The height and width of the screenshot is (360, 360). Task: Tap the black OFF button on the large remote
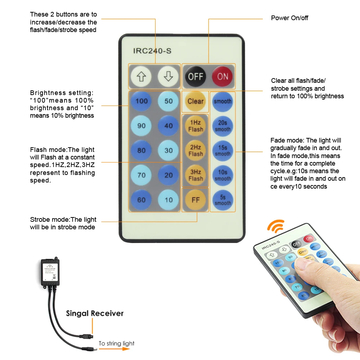pos(195,76)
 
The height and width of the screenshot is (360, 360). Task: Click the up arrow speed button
pos(141,76)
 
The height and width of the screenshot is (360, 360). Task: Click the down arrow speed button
pos(168,76)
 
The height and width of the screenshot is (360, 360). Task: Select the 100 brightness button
pos(141,101)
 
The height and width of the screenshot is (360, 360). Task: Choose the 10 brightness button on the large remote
pos(168,200)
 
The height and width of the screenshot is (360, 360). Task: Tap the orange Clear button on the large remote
pos(195,101)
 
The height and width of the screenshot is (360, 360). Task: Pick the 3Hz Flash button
pos(195,175)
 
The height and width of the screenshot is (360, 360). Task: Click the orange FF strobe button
pos(195,200)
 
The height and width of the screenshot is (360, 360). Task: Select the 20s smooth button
pos(222,126)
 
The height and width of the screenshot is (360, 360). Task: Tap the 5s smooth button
pos(222,200)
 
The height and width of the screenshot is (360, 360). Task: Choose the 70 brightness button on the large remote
pos(141,175)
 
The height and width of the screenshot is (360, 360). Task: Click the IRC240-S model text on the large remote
pos(152,51)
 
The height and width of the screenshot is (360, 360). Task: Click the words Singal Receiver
pos(95,313)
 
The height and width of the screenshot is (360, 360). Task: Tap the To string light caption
pos(116,343)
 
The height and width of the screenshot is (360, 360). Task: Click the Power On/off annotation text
pos(289,18)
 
